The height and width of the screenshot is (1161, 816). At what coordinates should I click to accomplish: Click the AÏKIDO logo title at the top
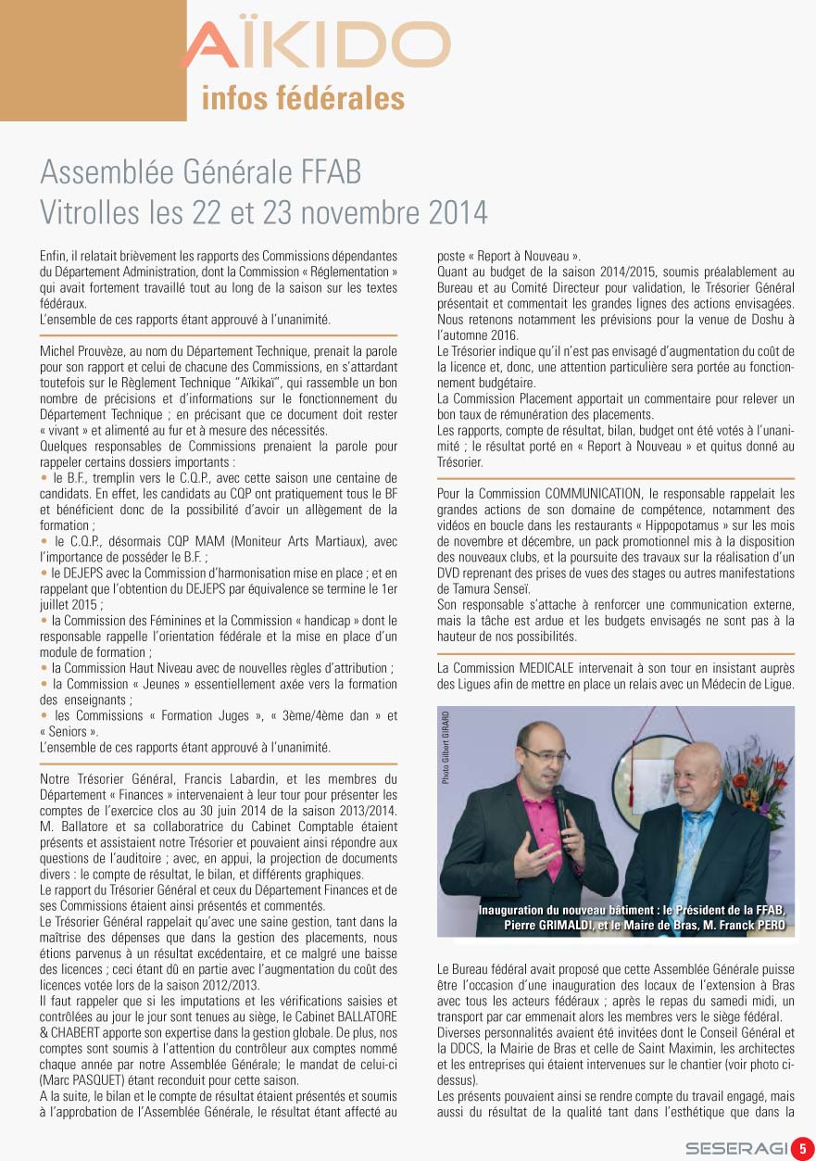pos(315,44)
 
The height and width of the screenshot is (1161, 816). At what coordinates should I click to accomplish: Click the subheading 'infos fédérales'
pos(303,99)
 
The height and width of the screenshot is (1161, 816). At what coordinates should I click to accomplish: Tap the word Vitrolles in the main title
pos(89,212)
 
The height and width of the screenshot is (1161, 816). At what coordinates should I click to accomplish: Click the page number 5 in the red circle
pos(802,1147)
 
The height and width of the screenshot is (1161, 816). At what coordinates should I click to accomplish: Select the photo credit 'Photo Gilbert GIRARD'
pos(446,748)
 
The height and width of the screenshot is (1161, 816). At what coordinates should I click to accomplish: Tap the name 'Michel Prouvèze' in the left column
pos(80,351)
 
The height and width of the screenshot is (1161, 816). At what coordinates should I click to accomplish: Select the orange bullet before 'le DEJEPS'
pos(44,574)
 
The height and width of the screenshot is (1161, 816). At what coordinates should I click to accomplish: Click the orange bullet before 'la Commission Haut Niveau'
pos(44,667)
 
